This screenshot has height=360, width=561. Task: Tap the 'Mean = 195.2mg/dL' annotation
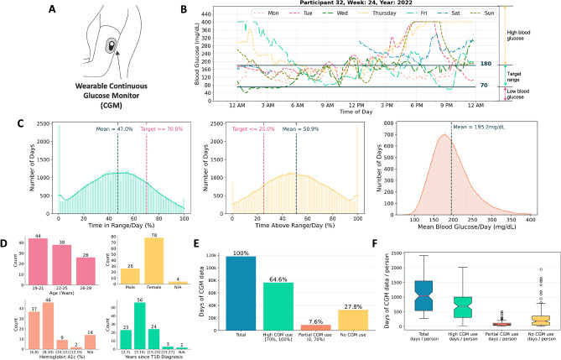coord(482,128)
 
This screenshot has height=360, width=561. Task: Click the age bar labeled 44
coord(38,258)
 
